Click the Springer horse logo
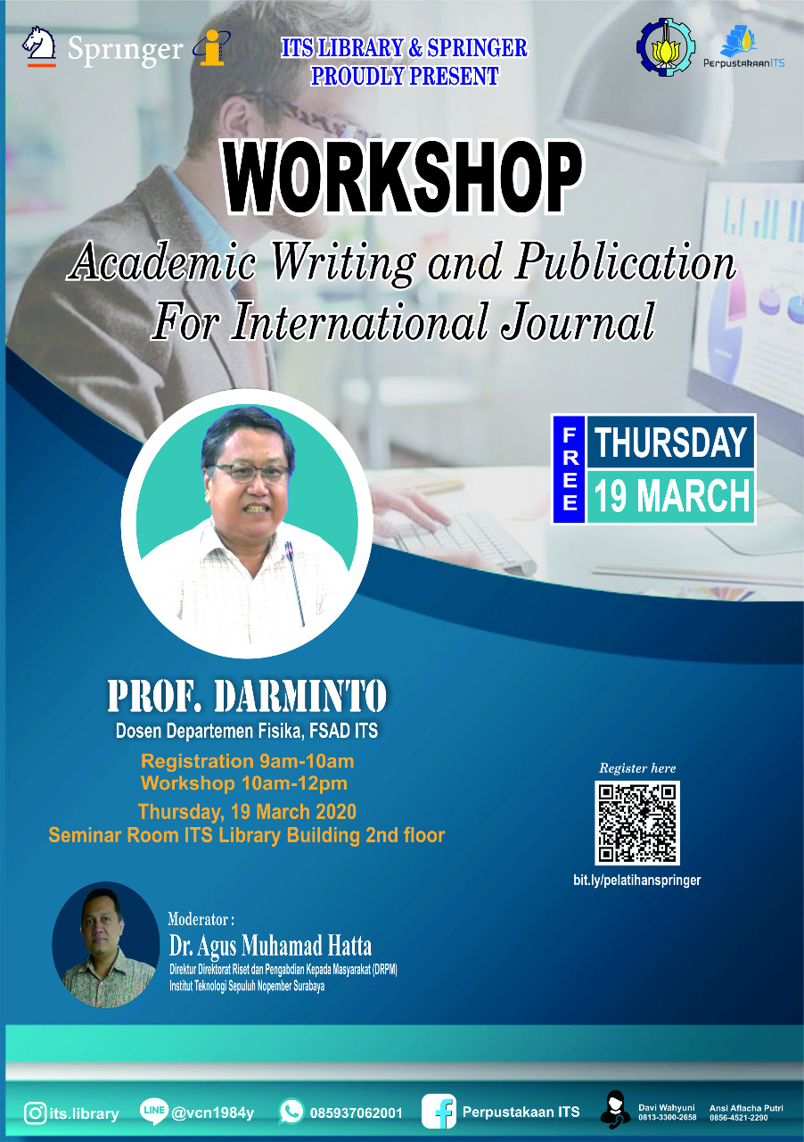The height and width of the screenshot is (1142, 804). (x=39, y=46)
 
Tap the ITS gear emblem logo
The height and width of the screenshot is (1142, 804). (x=666, y=47)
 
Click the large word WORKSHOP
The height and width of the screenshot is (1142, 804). (x=403, y=177)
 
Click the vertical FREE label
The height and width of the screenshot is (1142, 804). (x=569, y=469)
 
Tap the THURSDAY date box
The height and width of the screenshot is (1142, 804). (x=670, y=442)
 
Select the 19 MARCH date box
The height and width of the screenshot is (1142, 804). (x=670, y=496)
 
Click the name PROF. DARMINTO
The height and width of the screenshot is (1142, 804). (x=247, y=695)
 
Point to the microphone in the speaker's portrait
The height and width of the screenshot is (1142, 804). (x=296, y=583)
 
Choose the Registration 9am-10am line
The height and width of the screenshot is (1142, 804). (x=247, y=761)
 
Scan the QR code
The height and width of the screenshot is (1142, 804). (x=637, y=823)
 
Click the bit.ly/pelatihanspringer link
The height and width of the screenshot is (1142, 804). (x=637, y=881)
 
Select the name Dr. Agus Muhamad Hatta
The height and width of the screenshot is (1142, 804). (x=270, y=946)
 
